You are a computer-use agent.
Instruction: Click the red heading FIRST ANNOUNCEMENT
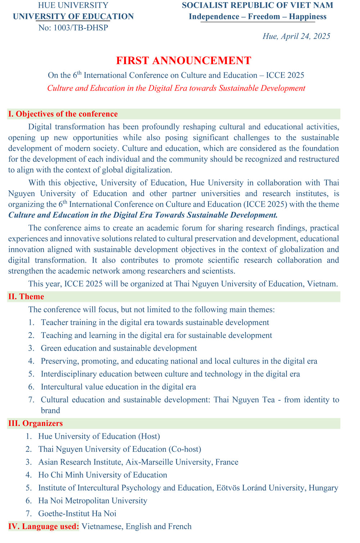[x=184, y=61]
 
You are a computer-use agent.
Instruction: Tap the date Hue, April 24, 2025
[x=296, y=36]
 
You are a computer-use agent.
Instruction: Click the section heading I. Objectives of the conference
[x=63, y=114]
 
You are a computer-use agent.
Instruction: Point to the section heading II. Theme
[x=26, y=297]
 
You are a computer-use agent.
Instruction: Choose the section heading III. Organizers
[x=35, y=423]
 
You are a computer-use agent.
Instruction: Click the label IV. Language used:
[x=44, y=526]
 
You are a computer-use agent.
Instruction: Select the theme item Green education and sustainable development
[x=119, y=348]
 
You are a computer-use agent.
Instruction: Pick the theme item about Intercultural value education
[x=118, y=387]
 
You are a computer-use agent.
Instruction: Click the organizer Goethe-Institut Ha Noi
[x=77, y=513]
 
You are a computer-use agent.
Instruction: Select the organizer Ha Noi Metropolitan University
[x=93, y=500]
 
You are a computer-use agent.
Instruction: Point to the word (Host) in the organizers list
[x=149, y=436]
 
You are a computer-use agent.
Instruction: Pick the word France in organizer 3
[x=227, y=462]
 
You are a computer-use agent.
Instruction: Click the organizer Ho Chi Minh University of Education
[x=103, y=475]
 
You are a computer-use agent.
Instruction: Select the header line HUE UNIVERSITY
[x=73, y=5]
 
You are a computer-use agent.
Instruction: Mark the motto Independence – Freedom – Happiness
[x=257, y=17]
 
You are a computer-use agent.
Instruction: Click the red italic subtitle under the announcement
[x=176, y=88]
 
